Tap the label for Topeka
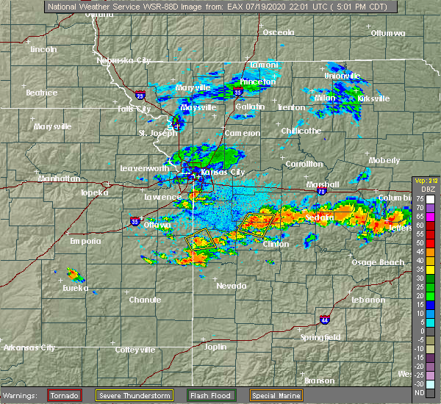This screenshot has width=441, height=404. (x=95, y=192)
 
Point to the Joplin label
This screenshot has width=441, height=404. (x=215, y=346)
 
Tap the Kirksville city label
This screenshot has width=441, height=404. (x=370, y=98)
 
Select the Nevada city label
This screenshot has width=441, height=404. (x=232, y=286)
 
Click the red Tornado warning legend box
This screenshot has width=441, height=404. (x=65, y=395)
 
